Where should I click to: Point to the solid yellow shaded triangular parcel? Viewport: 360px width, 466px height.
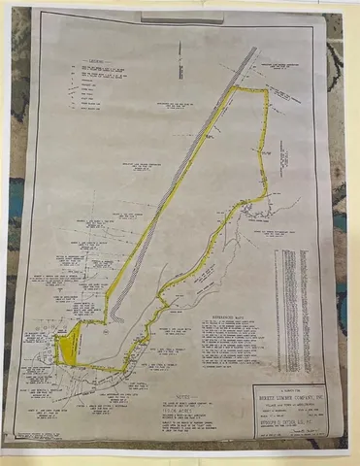(x=67, y=342)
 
